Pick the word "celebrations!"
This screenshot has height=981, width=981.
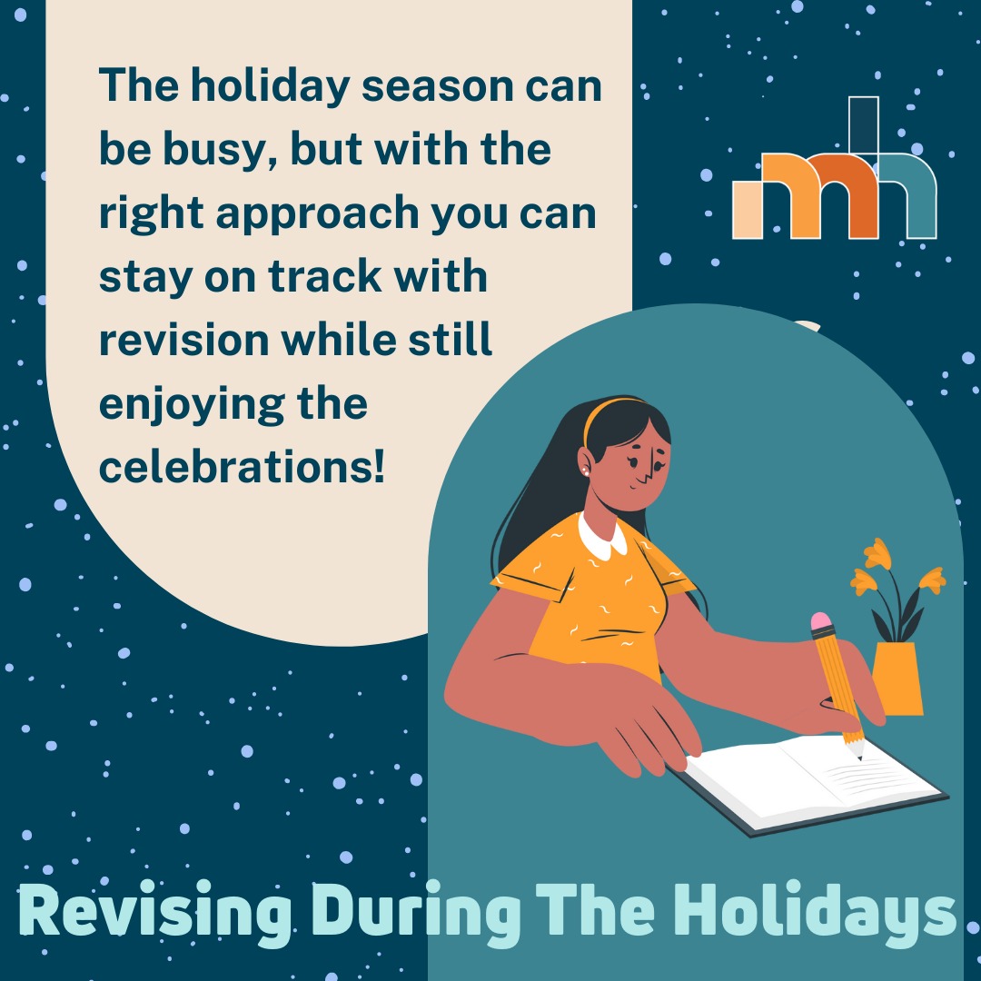pyautogui.click(x=242, y=467)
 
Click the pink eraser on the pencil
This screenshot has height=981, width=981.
pyautogui.click(x=821, y=622)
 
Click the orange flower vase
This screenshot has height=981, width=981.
pyautogui.click(x=897, y=677)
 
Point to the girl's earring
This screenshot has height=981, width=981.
pyautogui.click(x=587, y=472)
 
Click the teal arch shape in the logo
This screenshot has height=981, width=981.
pyautogui.click(x=908, y=195)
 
